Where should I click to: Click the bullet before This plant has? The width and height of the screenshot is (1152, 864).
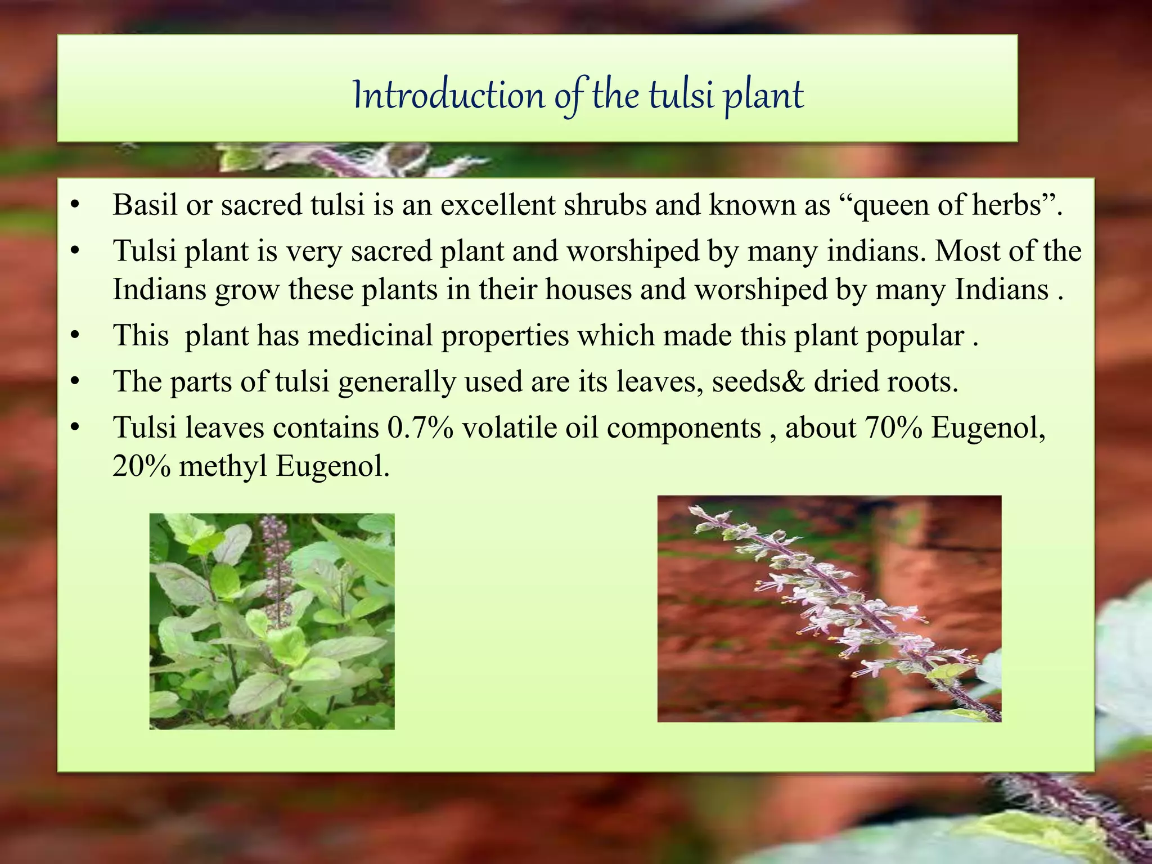coord(75,336)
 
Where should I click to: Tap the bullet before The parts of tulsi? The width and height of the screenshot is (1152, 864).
coord(75,382)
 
